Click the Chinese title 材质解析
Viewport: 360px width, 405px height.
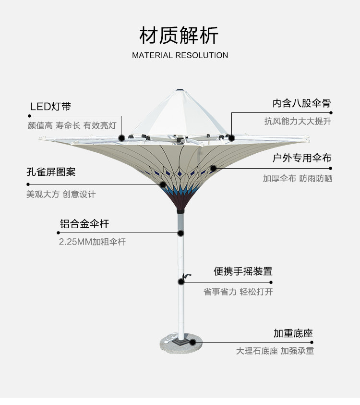pos(179,35)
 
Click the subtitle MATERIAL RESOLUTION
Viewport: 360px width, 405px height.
pos(180,55)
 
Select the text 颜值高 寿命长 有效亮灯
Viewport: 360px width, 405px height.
pos(72,126)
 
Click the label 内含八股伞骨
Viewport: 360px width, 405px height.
pos(301,103)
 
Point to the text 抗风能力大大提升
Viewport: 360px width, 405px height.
pos(298,122)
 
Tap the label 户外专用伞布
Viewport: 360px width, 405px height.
pos(301,158)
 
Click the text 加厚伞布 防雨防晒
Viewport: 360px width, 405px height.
pos(297,178)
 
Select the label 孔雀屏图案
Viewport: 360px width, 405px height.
pos(51,172)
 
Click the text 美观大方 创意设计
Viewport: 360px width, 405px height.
pos(61,194)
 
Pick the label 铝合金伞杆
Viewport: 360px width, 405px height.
pos(84,223)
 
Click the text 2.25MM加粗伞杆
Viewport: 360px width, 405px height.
pos(92,242)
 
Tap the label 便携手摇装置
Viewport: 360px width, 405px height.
pos(243,271)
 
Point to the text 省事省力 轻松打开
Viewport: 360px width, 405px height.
pos(238,292)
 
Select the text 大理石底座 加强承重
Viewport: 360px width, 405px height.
pos(275,351)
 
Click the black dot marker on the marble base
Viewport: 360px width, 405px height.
pos(192,342)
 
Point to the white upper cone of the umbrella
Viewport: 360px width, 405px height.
pos(178,115)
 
